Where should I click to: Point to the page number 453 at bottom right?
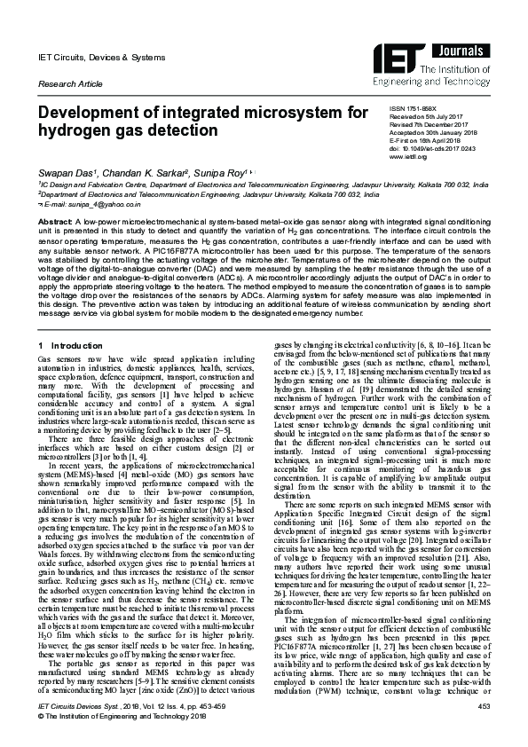click(x=484, y=730)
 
